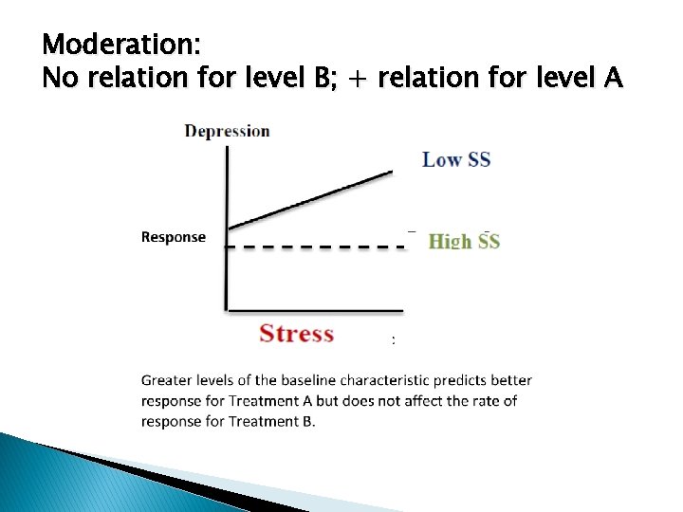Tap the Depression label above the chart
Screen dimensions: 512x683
[227, 131]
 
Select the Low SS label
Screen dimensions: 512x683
[456, 159]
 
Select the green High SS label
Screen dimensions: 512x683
[464, 241]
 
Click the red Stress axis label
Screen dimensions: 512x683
[297, 334]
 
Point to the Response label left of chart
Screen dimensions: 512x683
[173, 237]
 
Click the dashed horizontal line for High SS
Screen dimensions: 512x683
[313, 247]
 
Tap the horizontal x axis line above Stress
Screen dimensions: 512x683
[313, 309]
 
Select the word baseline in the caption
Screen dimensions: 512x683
[308, 381]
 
